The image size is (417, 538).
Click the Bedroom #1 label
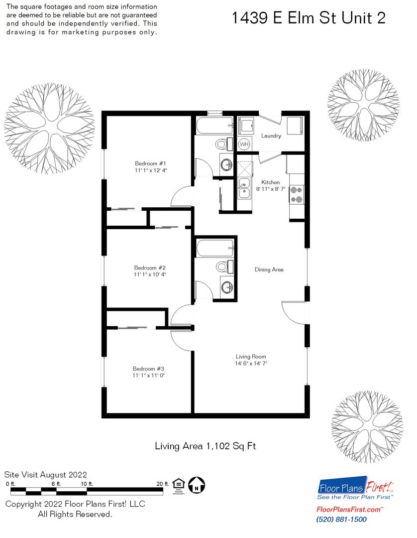[150, 163]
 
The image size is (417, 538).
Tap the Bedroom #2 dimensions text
[150, 274]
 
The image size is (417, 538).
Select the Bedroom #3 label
[148, 369]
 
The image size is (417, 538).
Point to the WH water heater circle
[244, 144]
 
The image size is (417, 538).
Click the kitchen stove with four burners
[297, 194]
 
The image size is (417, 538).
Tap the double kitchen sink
[244, 188]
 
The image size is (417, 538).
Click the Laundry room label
[271, 136]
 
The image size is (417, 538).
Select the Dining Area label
[269, 269]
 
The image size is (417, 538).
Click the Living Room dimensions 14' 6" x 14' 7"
[251, 364]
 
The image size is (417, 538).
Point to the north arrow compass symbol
[197, 486]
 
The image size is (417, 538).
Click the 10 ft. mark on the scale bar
[87, 484]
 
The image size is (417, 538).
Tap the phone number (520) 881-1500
[341, 520]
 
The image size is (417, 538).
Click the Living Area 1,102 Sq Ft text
[206, 446]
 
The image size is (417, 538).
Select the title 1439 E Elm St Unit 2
[309, 18]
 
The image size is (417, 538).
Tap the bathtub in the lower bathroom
[215, 249]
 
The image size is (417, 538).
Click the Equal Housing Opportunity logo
[179, 486]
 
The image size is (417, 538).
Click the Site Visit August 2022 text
[46, 475]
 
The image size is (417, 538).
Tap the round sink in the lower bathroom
[226, 287]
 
